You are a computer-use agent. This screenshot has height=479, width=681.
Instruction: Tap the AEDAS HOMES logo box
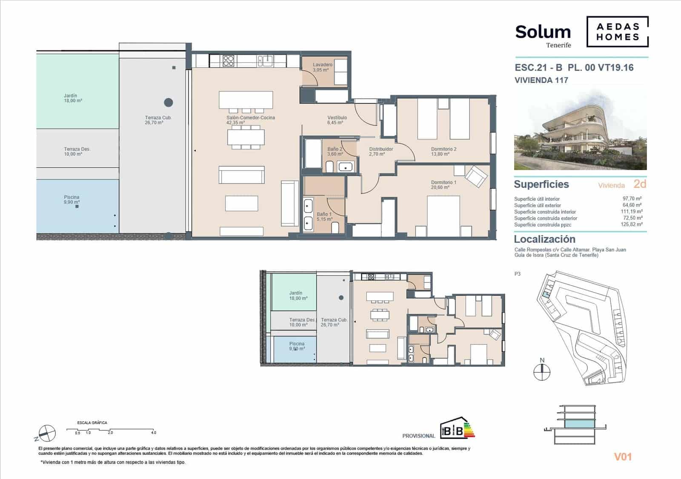618,32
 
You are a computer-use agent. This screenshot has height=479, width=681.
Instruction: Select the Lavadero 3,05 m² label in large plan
322,67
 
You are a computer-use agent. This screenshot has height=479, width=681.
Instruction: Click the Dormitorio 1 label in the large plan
444,185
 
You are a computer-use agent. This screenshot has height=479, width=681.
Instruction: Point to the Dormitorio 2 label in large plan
444,151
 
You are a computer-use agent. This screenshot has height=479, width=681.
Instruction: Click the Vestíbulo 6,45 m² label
337,120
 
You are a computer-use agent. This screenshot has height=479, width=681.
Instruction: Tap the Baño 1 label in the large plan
324,217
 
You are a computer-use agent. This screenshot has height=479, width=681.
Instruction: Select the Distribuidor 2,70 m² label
381,151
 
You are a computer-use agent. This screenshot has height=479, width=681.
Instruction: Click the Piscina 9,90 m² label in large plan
72,200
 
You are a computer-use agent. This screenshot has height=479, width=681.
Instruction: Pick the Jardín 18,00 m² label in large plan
73,98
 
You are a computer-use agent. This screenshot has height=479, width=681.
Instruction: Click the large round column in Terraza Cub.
169,102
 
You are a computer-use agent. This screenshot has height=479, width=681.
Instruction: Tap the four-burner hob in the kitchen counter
229,61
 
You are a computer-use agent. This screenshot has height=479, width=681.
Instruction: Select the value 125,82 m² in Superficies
632,225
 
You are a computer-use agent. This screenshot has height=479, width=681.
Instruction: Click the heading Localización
544,239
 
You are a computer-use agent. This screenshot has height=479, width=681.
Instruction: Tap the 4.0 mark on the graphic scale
154,433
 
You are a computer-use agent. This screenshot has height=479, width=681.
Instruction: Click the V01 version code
623,457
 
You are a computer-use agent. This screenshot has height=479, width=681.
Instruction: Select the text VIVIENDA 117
541,80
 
